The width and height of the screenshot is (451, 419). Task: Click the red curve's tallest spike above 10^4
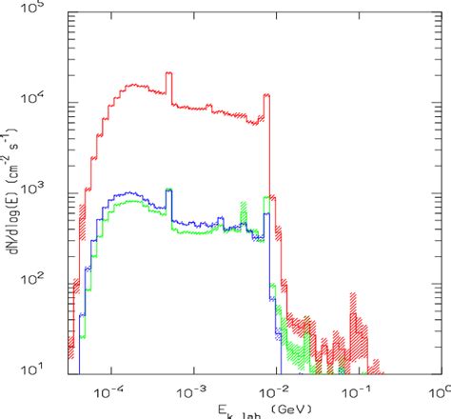tap(169, 74)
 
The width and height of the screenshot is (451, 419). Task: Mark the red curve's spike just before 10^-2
tap(266, 96)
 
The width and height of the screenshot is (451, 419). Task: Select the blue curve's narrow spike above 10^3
tap(169, 191)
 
